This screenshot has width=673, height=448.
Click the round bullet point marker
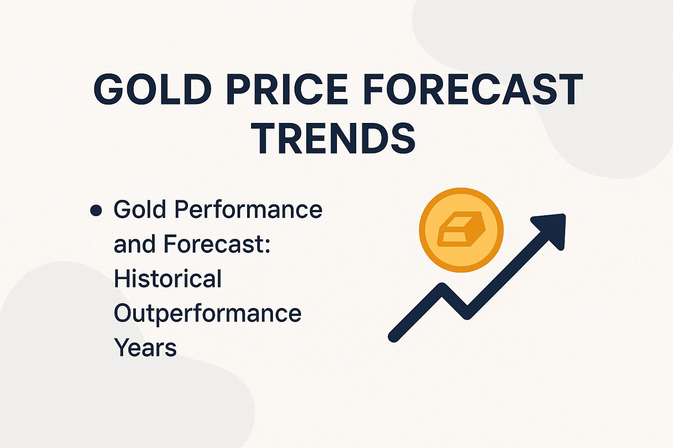(96, 211)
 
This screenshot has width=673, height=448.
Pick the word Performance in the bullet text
(248, 210)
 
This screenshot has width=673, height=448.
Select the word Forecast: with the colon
(217, 244)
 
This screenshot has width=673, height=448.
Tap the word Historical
(167, 279)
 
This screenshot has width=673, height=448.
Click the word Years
(145, 348)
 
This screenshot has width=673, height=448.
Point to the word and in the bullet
(134, 244)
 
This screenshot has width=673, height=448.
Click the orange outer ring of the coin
(461, 192)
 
